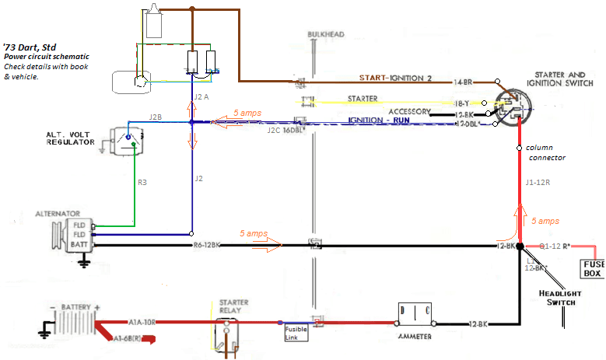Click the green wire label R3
point(142,183)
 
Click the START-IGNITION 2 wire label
point(405,79)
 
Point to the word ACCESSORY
point(409,112)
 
